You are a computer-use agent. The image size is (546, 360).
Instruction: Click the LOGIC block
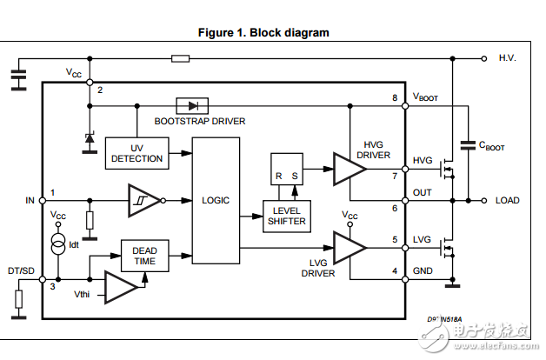(216, 201)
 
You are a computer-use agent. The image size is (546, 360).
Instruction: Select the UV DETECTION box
(136, 153)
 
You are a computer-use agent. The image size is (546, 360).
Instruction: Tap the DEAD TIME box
(143, 255)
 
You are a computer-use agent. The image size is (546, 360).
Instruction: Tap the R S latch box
(287, 170)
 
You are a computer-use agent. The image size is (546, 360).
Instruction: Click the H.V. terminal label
(508, 58)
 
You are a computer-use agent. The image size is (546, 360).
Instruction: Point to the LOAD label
(507, 201)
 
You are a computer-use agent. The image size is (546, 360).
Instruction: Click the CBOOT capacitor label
(491, 147)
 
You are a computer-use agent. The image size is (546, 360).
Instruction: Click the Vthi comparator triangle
(122, 285)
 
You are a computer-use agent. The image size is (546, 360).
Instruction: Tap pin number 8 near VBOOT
(395, 97)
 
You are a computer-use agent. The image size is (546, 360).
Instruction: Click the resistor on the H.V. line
(181, 58)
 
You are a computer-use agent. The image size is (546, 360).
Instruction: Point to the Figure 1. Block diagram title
(264, 33)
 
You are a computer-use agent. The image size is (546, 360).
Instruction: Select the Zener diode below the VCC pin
(90, 139)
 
